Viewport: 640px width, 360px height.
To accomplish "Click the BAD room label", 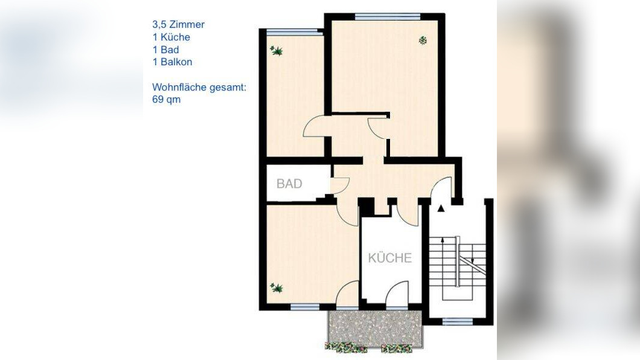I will tap(289, 184).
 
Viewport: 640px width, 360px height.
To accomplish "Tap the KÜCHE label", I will tap(390, 258).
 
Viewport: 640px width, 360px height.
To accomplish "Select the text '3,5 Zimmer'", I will tap(178, 25).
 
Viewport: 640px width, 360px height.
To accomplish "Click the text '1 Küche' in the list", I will tap(171, 37).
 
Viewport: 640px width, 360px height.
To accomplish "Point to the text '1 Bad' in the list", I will tap(166, 50).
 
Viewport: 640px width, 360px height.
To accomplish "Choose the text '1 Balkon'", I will tap(173, 62).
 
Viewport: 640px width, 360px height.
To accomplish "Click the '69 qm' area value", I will tap(167, 100).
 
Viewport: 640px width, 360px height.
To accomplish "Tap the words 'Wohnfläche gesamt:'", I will tap(199, 88).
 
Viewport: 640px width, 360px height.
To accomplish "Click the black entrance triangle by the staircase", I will tap(441, 208).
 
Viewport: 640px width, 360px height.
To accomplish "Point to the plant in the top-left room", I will tap(278, 51).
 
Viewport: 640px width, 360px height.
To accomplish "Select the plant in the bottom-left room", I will tap(277, 288).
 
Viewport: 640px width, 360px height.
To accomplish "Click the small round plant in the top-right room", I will tap(423, 40).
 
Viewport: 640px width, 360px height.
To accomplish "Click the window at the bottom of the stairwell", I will tap(457, 321).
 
